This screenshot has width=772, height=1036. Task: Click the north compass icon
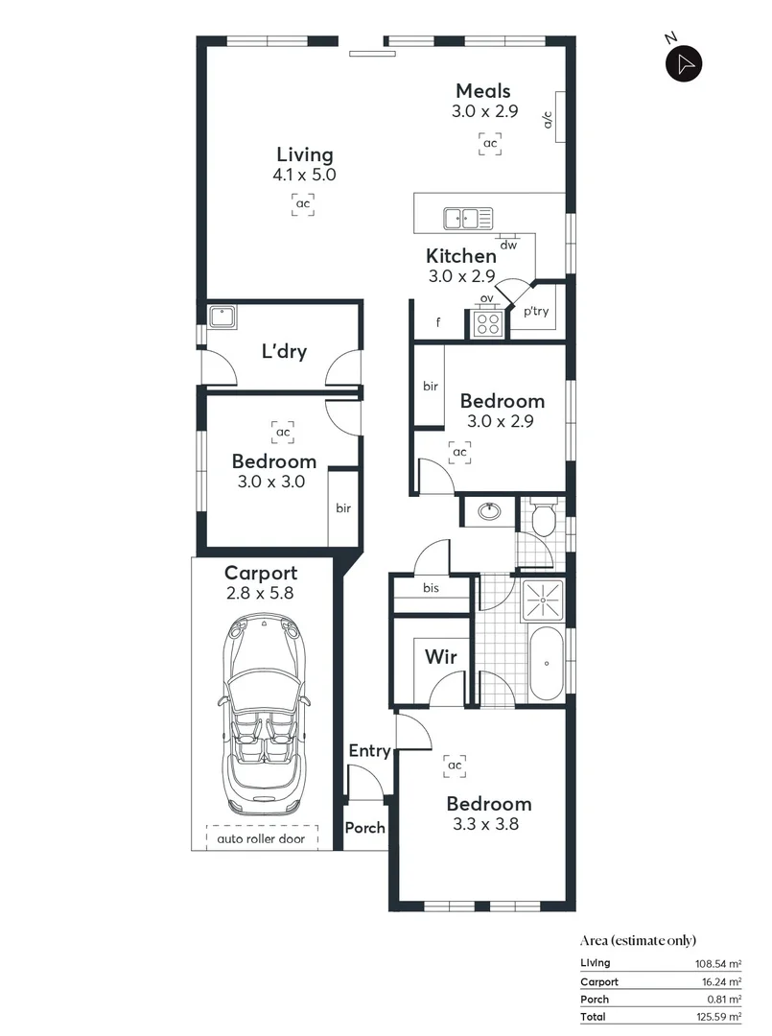[x=684, y=64]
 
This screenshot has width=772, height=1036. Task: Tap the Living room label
[x=304, y=154]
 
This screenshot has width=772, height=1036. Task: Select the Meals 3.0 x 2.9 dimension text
[x=484, y=111]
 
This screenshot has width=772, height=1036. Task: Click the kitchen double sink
[x=467, y=219]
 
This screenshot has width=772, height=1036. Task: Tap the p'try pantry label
[x=536, y=311]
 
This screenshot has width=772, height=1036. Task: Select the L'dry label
[x=284, y=352]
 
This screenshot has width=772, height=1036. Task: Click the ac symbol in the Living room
[x=303, y=203]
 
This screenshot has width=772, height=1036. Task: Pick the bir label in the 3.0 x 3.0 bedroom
[x=342, y=508]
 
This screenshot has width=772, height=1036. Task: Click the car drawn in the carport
[x=262, y=713]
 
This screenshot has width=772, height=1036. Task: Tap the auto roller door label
[x=262, y=837]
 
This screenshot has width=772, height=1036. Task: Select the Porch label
[x=364, y=828]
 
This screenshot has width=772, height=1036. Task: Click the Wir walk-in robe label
[x=441, y=657]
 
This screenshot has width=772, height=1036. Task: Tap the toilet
[x=544, y=519]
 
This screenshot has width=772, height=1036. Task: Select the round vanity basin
[x=489, y=511]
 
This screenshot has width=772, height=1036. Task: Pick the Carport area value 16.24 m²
[x=718, y=981]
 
